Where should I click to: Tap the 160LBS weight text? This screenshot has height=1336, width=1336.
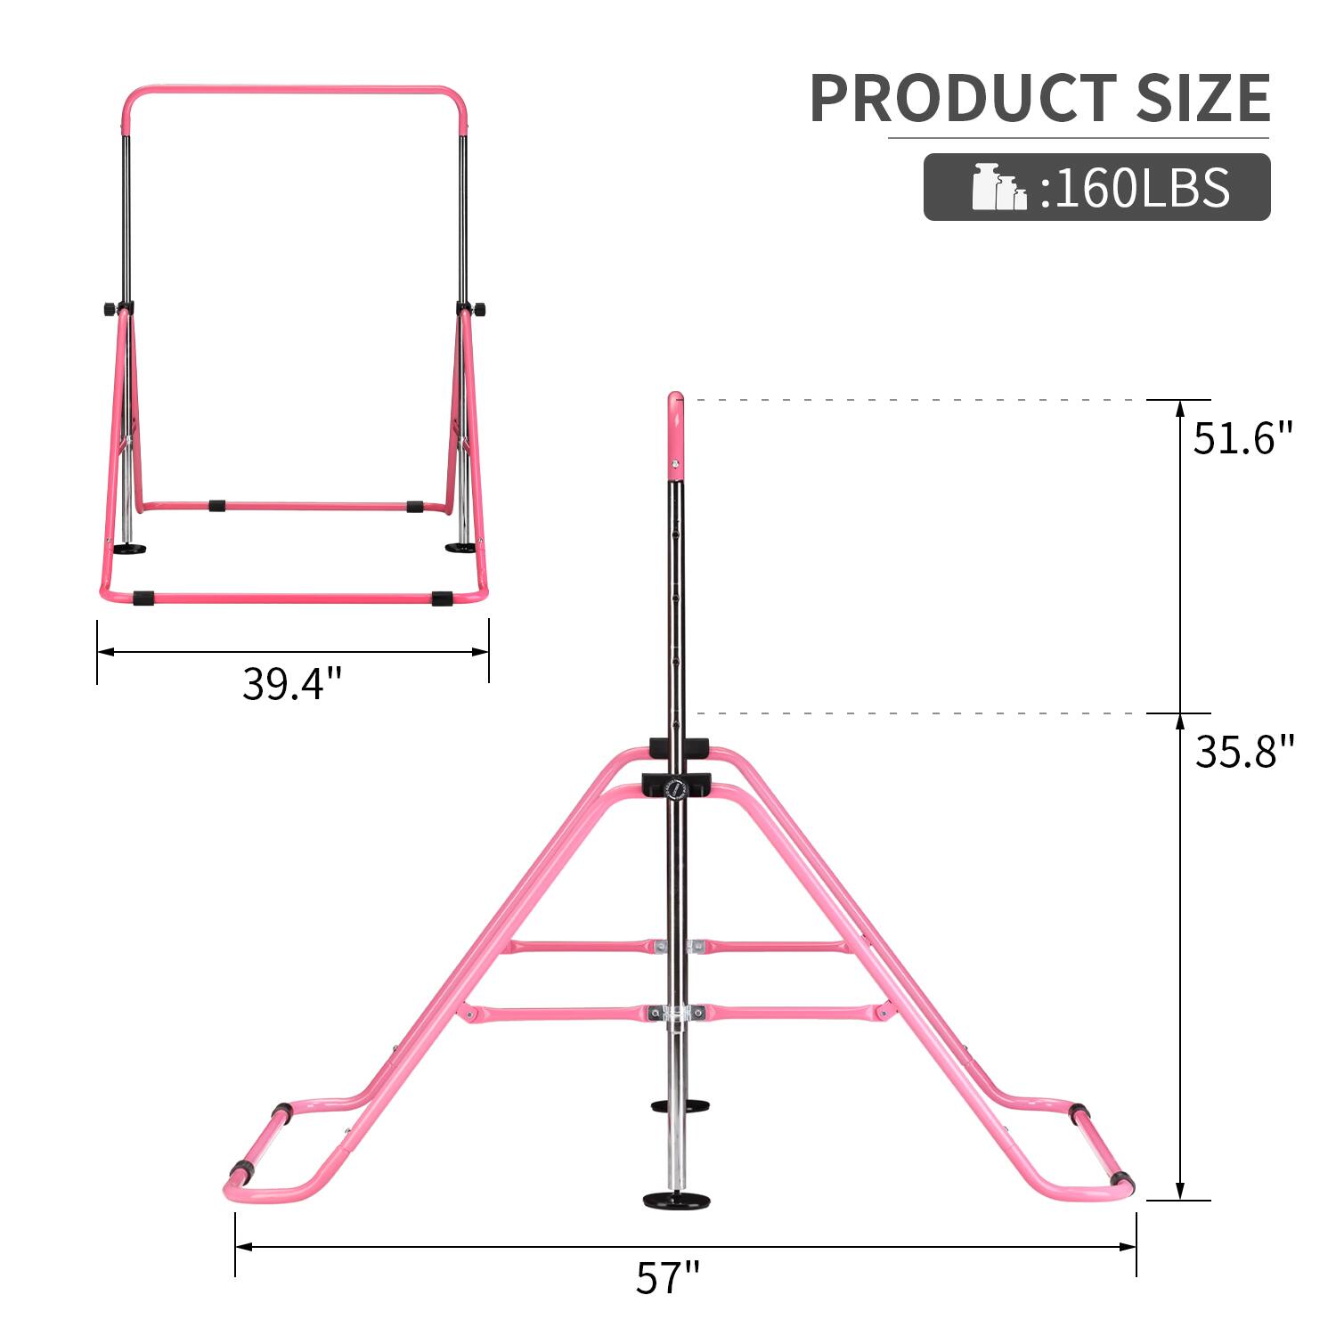click(1136, 187)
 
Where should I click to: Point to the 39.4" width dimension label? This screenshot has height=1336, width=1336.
click(292, 684)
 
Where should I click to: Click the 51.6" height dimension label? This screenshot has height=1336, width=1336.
click(1242, 439)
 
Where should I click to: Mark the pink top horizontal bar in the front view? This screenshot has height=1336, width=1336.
click(294, 93)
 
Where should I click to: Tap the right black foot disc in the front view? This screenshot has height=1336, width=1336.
click(460, 546)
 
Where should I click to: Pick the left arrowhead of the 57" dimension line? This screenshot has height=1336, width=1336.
click(242, 1248)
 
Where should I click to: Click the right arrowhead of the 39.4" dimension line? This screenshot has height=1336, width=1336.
click(482, 652)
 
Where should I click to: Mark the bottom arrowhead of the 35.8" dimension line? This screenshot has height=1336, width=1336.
click(1181, 1192)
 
